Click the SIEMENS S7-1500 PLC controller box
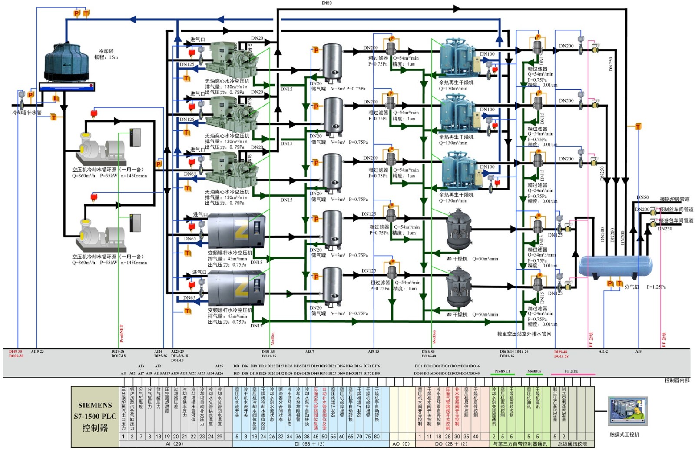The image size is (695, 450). [x=95, y=417]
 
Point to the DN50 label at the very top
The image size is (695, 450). [x=327, y=3]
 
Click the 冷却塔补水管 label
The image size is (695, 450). [x=27, y=113]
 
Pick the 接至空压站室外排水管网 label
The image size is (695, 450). [x=524, y=334]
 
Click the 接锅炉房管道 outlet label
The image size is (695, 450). [x=675, y=199]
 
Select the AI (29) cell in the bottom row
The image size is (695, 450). [x=175, y=444]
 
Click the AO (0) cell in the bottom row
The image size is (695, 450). [x=401, y=444]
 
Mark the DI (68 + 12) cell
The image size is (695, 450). [x=309, y=444]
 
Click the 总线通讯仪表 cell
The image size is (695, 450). [x=573, y=444]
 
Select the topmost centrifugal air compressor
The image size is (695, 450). [x=228, y=61]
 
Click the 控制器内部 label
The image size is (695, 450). [x=677, y=380]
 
